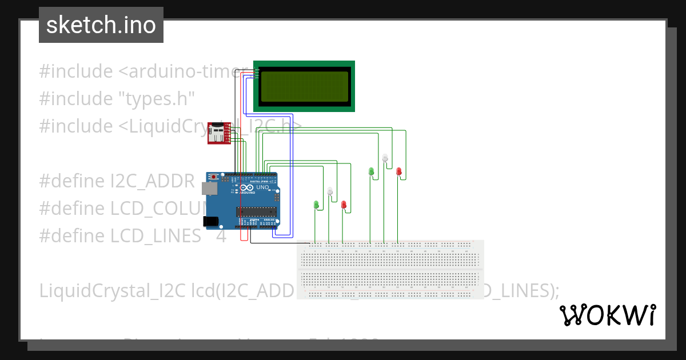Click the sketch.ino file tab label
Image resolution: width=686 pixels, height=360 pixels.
101,25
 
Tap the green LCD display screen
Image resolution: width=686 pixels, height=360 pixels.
304,86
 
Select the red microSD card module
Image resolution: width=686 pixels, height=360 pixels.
218,133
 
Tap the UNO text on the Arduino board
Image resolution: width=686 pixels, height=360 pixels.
262,187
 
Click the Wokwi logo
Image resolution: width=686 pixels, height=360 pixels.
607,315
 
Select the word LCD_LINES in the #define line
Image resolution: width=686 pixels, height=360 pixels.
155,235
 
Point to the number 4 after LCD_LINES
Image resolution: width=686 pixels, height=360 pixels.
221,235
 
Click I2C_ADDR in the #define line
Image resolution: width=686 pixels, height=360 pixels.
153,181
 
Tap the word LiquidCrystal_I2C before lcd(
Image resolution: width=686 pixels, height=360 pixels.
111,290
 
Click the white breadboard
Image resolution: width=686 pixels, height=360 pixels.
390,269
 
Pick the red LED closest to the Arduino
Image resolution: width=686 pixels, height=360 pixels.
344,205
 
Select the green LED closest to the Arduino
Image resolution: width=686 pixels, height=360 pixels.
316,204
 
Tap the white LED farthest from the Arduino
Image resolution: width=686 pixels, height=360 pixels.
385,158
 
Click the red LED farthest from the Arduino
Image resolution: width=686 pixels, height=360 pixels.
399,171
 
